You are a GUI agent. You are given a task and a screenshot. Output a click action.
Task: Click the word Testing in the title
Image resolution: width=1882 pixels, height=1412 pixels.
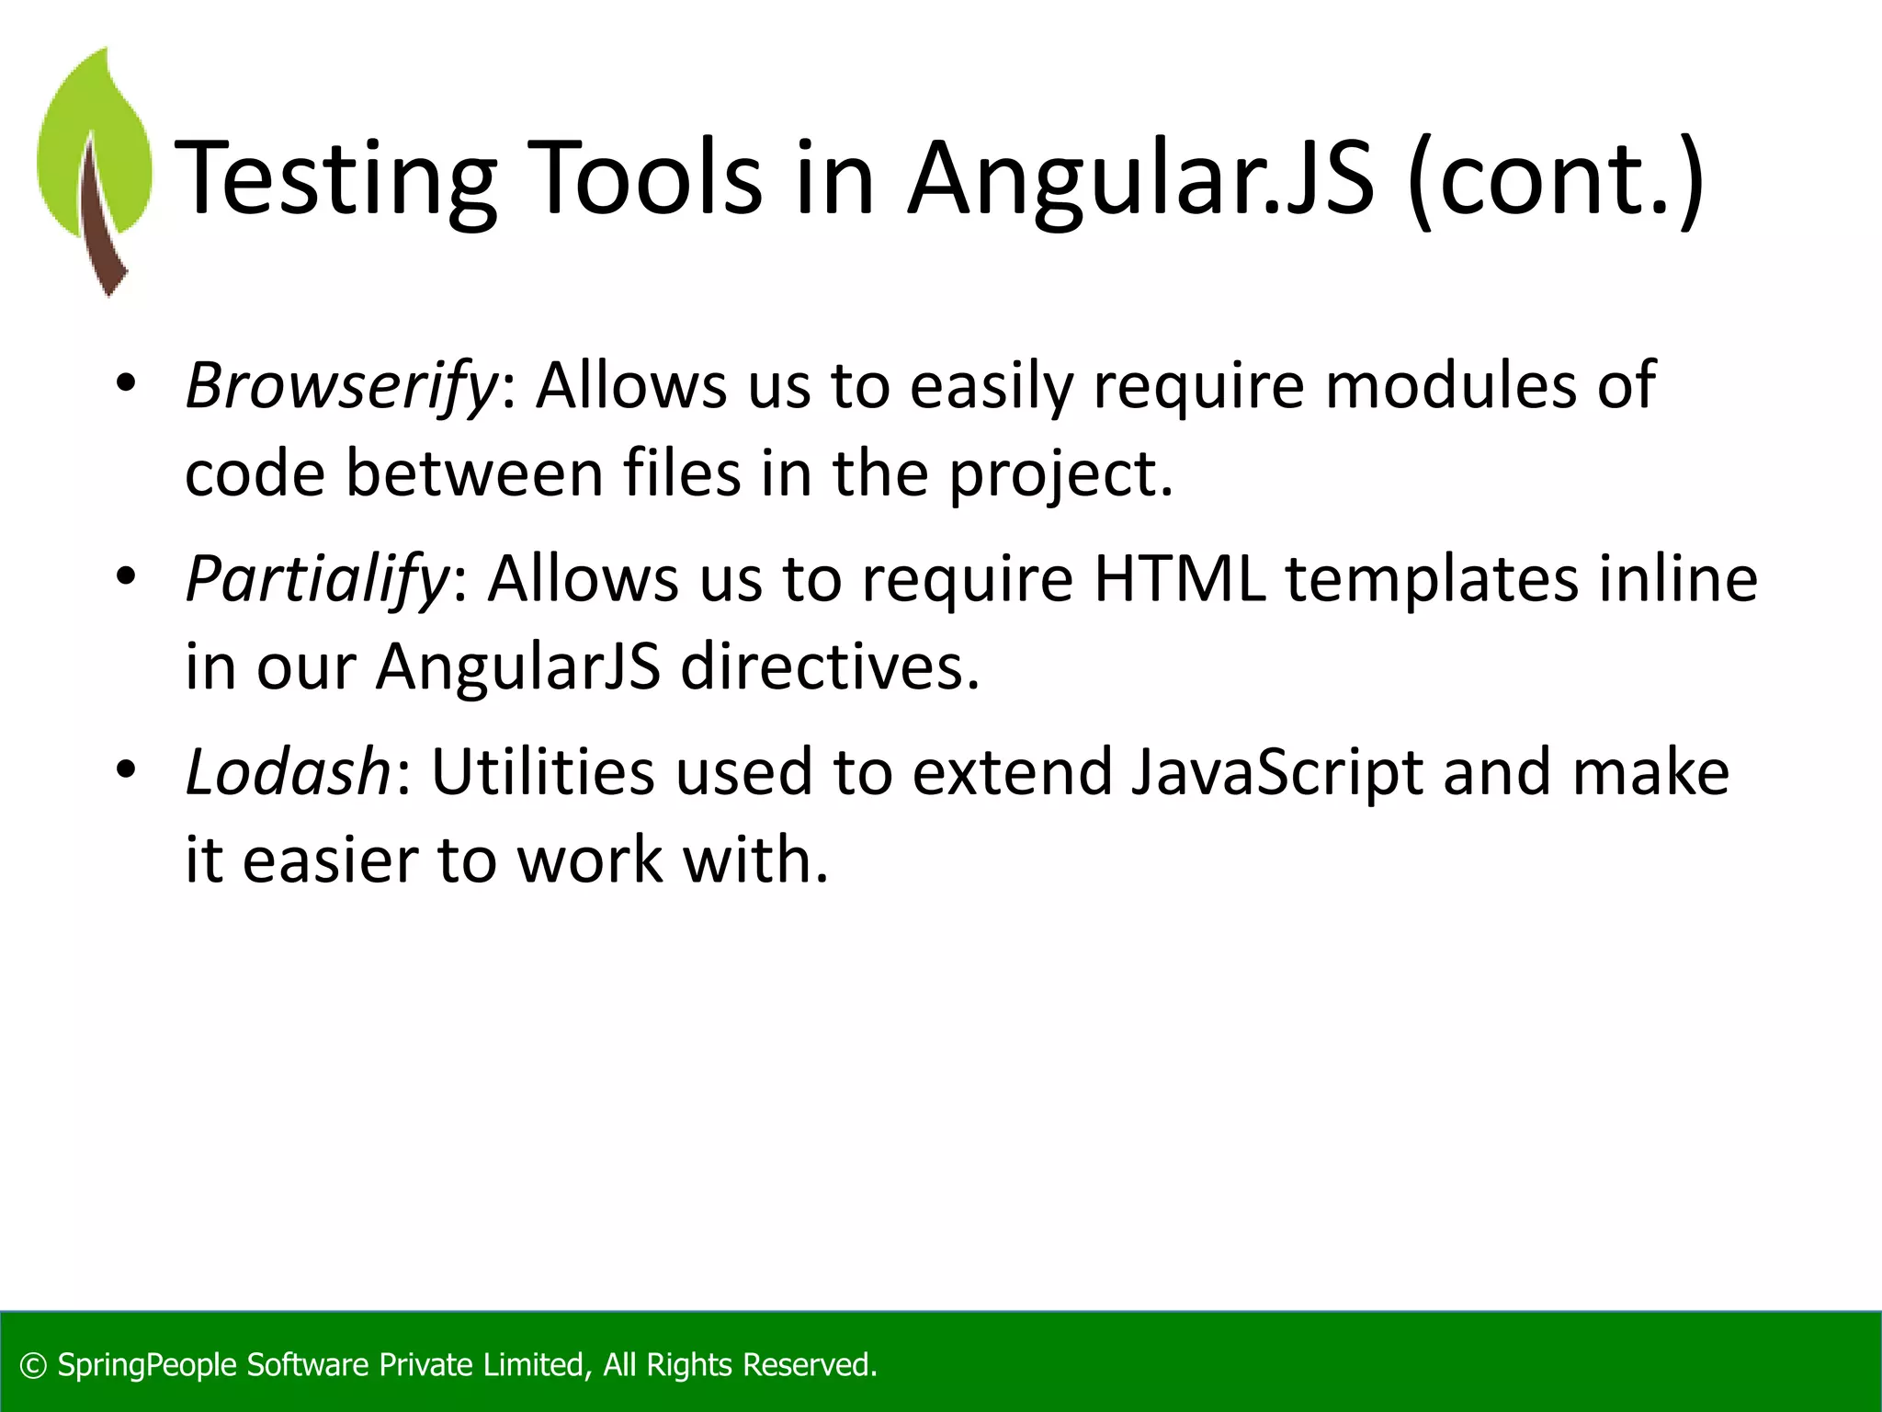pos(335,179)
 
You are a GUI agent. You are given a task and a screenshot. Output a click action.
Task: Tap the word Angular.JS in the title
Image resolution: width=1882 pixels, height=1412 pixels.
pos(1139,179)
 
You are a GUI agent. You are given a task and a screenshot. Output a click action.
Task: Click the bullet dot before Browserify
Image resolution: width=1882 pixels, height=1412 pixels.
pos(126,383)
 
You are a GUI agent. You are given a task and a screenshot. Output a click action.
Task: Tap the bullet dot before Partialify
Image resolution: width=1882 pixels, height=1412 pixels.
pos(126,576)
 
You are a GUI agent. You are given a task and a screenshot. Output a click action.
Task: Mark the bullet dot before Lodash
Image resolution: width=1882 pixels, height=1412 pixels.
pos(126,769)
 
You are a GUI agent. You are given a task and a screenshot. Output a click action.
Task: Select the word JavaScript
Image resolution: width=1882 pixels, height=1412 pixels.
pos(1276,772)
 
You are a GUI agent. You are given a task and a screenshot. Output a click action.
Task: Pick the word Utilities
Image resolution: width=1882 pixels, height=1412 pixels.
pos(543,772)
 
